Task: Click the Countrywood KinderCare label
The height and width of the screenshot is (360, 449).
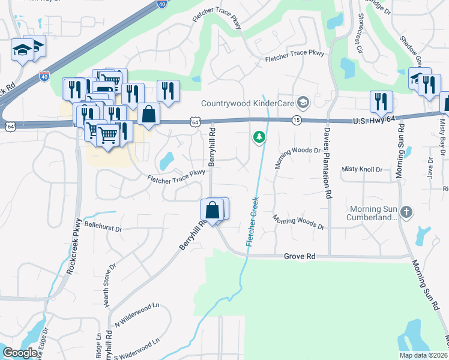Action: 248,103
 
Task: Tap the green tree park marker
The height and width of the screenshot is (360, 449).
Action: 259,137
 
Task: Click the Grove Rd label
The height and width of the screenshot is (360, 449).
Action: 300,256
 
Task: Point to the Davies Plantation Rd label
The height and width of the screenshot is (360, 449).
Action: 328,162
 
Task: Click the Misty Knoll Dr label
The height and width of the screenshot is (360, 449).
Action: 362,170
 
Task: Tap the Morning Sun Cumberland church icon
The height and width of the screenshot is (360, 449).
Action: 407,212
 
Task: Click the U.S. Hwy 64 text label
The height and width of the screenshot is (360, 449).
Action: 373,121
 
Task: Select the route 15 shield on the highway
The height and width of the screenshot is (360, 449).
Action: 296,120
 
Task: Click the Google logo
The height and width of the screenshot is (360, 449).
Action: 20,353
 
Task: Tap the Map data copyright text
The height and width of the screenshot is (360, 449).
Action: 423,355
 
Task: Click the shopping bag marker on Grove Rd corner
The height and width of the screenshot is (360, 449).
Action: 211,211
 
